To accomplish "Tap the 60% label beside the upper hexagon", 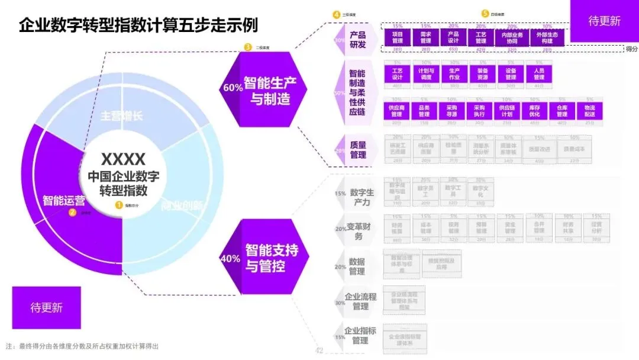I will click(233, 87).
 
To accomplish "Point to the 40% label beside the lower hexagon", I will click(230, 259).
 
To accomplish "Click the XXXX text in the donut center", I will click(123, 159).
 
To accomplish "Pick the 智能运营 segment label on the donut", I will click(63, 200).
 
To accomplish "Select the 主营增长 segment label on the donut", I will click(122, 116).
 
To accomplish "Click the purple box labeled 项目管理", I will click(397, 38).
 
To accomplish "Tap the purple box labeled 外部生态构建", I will click(547, 38).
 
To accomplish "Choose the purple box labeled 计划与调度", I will click(426, 73).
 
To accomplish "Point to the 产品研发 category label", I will click(357, 40).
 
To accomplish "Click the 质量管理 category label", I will click(358, 150).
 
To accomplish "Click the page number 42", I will click(319, 351).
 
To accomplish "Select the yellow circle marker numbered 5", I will click(485, 13).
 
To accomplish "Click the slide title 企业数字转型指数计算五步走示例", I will click(138, 25).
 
